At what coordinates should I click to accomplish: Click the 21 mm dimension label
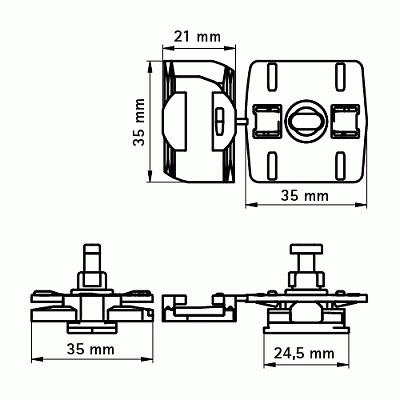tap(198, 37)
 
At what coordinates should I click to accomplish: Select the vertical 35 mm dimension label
tap(139, 122)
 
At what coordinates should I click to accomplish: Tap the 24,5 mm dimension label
tap(304, 354)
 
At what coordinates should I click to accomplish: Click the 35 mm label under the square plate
tap(305, 196)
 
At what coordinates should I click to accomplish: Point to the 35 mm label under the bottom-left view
tap(91, 350)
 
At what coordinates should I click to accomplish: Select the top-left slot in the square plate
tap(272, 77)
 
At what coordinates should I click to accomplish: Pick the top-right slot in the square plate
tap(340, 77)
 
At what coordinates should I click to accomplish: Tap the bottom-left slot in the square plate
tap(272, 165)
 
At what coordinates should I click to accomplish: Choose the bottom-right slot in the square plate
tap(340, 165)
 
